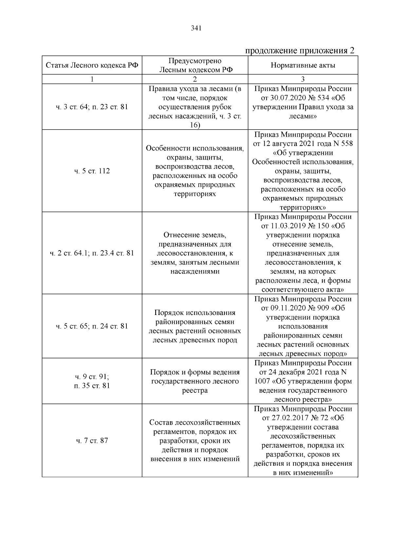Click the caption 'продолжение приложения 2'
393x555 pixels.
click(x=300, y=51)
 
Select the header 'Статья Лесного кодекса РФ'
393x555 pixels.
click(x=92, y=65)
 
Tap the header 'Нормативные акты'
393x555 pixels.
click(x=303, y=65)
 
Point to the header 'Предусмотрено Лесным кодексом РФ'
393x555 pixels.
click(x=195, y=65)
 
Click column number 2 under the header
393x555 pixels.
click(x=195, y=79)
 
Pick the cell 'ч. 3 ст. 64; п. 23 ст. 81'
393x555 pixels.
click(x=92, y=107)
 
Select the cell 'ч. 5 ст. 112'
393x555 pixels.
click(x=92, y=171)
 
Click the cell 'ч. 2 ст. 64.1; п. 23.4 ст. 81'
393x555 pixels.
click(x=92, y=253)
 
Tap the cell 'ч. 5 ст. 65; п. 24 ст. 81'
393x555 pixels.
click(x=92, y=326)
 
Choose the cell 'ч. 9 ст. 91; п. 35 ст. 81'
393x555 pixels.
click(x=92, y=381)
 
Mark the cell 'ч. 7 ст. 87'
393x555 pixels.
click(x=92, y=441)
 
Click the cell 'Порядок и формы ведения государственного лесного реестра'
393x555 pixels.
click(x=195, y=381)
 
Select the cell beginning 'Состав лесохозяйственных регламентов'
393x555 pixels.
click(x=195, y=441)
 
